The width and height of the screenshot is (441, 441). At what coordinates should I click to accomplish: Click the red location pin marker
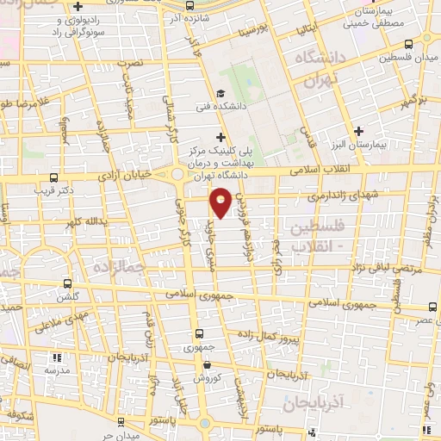pos(221,201)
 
